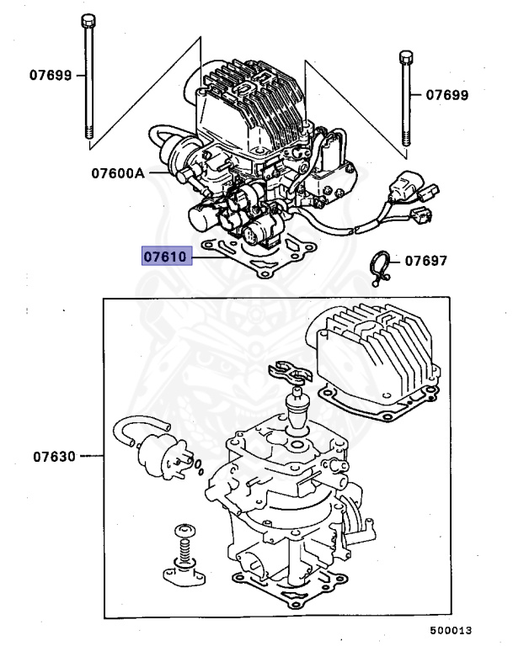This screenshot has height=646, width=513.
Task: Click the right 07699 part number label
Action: coord(446,95)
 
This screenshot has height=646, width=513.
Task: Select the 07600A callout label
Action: coord(118,174)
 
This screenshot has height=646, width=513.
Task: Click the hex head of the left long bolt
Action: coord(87,21)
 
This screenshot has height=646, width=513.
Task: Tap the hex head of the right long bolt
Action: coord(405,58)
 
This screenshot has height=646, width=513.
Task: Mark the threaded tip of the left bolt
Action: coord(88,130)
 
